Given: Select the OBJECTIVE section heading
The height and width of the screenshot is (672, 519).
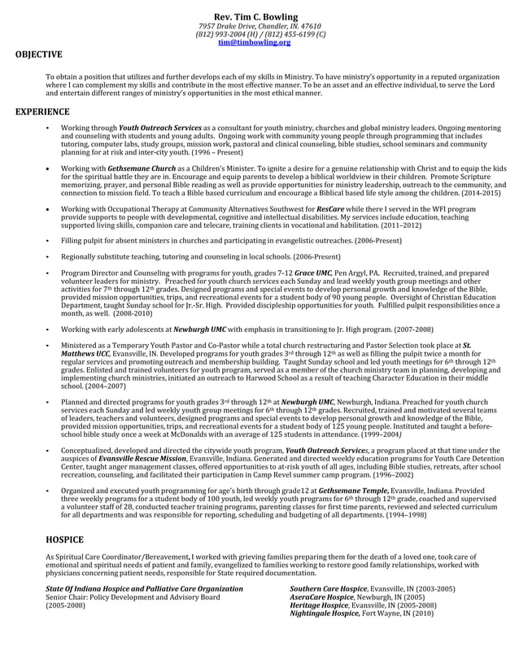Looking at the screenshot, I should (x=38, y=55).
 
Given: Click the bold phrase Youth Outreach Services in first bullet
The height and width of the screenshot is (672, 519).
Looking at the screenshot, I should (x=160, y=129).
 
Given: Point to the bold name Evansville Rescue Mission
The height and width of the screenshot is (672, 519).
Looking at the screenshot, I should (x=130, y=458).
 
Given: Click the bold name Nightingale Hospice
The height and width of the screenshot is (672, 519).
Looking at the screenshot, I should (x=325, y=613).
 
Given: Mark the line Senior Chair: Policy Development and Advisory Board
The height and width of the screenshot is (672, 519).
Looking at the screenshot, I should (x=133, y=596).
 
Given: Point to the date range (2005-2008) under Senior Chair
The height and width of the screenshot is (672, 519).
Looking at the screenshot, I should (x=65, y=605).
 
